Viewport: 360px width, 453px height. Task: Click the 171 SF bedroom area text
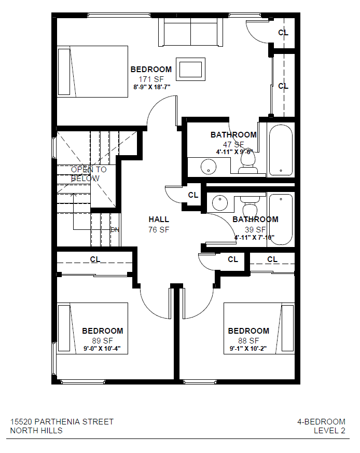(x=151, y=79)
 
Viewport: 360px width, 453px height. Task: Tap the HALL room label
(x=159, y=219)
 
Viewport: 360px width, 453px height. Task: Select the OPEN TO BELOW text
(x=89, y=174)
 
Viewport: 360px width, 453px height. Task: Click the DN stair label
(x=115, y=229)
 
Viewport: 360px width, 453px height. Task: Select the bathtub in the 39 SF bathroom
(x=281, y=218)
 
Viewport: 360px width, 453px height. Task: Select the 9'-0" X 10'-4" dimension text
(x=103, y=349)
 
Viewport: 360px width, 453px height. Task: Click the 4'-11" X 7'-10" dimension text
(x=254, y=238)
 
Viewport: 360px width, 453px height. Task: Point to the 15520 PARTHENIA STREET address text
(x=62, y=422)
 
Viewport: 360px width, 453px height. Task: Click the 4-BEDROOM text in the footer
(x=321, y=422)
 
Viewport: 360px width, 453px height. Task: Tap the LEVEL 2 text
(x=329, y=431)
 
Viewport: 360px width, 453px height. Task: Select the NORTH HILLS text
(x=36, y=431)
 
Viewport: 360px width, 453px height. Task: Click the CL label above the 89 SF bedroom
(x=95, y=259)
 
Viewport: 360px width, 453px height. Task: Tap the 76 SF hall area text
(x=159, y=229)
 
